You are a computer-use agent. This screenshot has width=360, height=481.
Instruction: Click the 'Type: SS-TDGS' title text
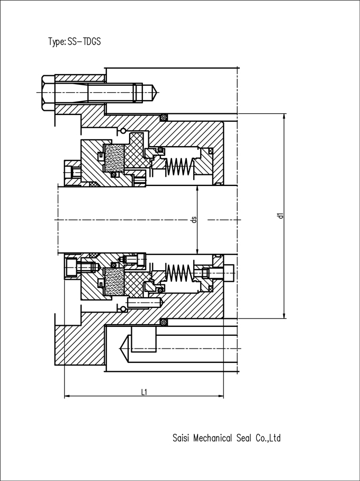click(x=75, y=41)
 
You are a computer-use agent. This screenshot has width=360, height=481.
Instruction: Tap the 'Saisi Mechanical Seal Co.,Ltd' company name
click(x=227, y=438)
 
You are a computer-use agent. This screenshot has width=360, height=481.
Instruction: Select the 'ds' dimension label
click(x=194, y=220)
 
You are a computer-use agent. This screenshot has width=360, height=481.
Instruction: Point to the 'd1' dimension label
click(x=280, y=216)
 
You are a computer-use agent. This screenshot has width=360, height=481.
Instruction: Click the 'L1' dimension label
click(x=144, y=391)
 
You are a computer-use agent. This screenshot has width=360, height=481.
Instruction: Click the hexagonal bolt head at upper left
click(x=48, y=93)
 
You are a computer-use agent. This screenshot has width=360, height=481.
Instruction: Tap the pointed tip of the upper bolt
click(x=156, y=92)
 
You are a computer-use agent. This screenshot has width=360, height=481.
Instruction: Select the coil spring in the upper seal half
click(x=179, y=167)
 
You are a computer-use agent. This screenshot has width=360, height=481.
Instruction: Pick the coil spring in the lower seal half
click(x=179, y=272)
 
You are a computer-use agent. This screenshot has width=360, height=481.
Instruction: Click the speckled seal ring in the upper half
click(x=114, y=158)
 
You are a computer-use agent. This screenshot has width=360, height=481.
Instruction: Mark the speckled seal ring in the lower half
click(x=114, y=282)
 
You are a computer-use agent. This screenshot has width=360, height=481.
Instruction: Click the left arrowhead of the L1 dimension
click(x=67, y=396)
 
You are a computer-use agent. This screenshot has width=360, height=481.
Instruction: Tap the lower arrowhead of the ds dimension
click(x=197, y=251)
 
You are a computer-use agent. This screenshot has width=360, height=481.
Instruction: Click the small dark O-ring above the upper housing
click(x=164, y=117)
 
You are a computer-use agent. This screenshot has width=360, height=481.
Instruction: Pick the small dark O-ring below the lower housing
click(x=164, y=322)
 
